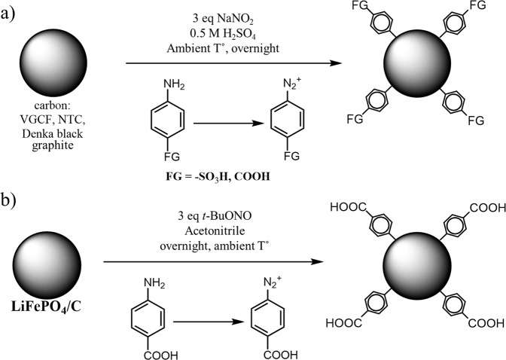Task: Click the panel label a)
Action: [x=11, y=14]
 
